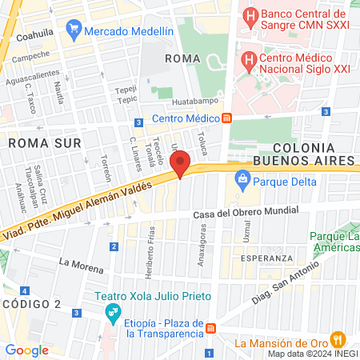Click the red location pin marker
pyautogui.click(x=180, y=164)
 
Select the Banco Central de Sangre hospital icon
pyautogui.click(x=250, y=15)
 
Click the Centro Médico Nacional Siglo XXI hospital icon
pyautogui.click(x=249, y=59)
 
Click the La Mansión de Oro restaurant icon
pyautogui.click(x=338, y=338)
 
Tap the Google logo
pyautogui.click(x=26, y=350)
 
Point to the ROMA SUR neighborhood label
pyautogui.click(x=34, y=142)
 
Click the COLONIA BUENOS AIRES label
pyautogui.click(x=314, y=154)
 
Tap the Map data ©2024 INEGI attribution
pyautogui.click(x=313, y=353)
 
